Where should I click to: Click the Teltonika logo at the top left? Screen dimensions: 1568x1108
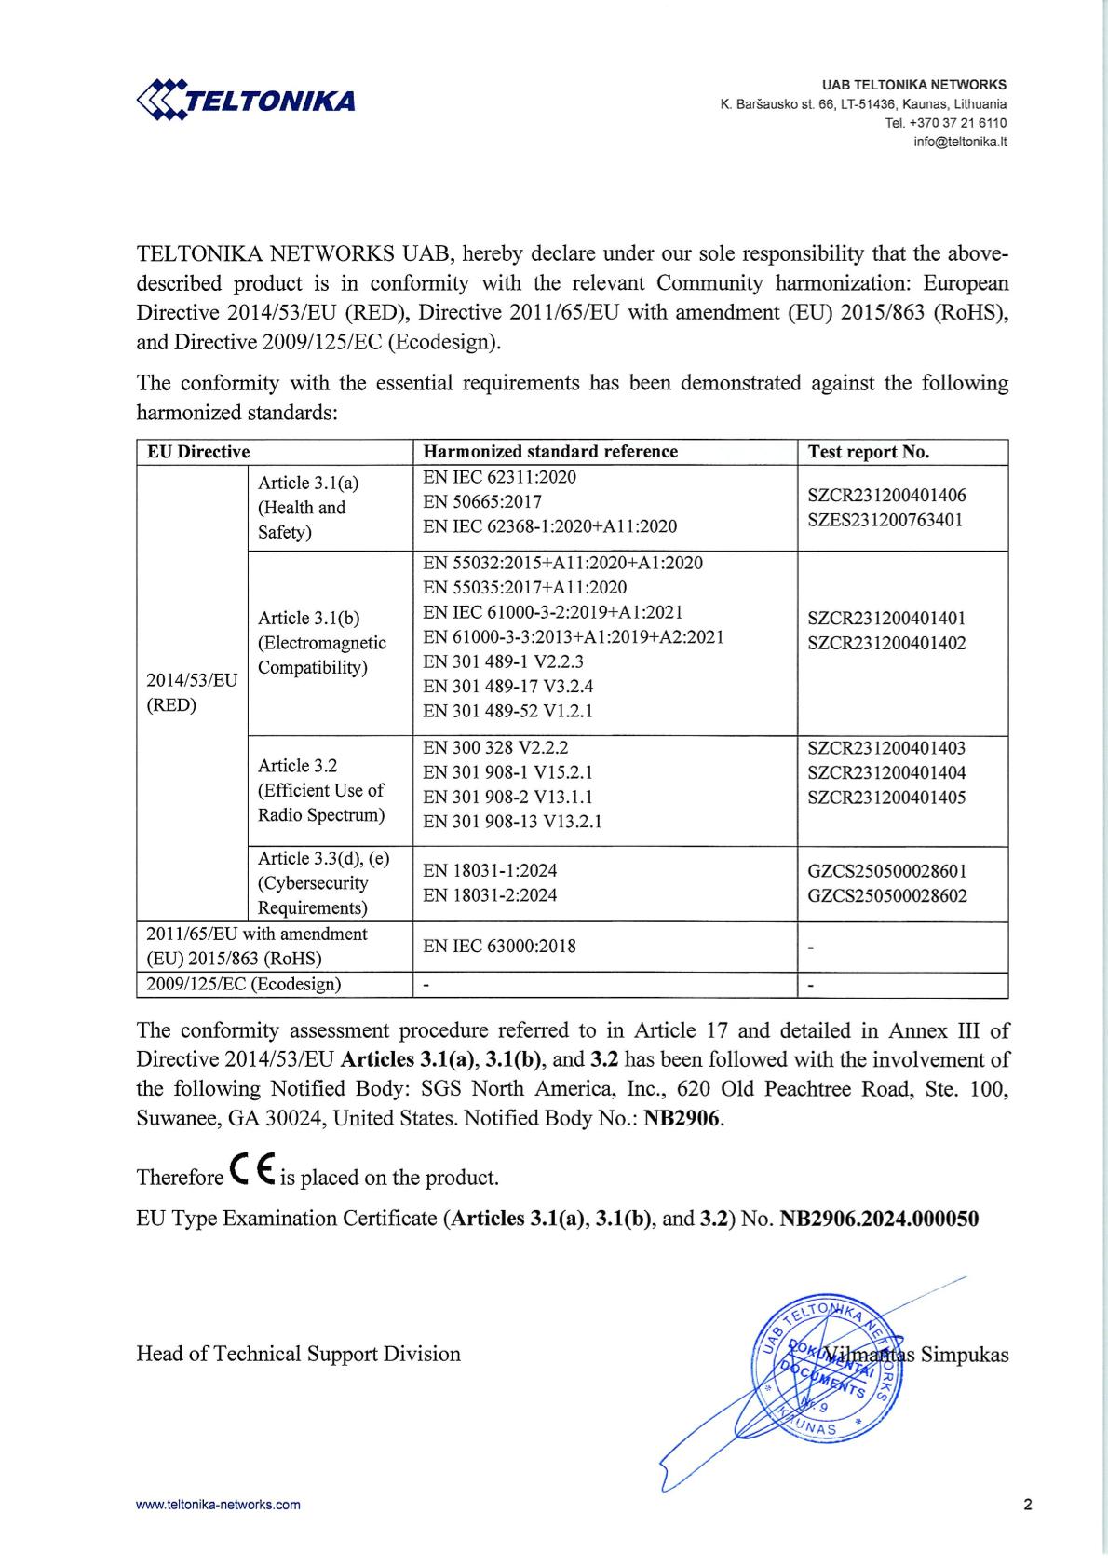247,100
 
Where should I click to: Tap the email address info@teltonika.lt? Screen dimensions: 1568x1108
960,143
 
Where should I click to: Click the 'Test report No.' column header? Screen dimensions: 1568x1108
868,452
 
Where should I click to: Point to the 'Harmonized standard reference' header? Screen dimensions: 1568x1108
550,452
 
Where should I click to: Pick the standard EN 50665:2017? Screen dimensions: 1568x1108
482,502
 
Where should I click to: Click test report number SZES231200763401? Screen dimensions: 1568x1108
885,520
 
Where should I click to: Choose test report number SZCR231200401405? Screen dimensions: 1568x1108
886,798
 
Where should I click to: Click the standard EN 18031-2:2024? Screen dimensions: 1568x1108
490,895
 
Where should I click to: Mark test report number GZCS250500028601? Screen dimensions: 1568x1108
886,871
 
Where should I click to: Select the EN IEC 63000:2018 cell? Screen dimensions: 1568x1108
499,947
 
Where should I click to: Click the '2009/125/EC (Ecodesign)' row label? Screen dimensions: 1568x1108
244,984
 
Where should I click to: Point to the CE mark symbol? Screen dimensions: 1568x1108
250,1175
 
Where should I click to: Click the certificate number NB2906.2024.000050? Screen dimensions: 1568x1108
878,1219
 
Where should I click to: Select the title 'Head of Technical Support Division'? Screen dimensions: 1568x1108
298,1354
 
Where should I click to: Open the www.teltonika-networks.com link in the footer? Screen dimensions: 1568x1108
218,1504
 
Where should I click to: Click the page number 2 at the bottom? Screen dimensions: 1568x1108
1027,1504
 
